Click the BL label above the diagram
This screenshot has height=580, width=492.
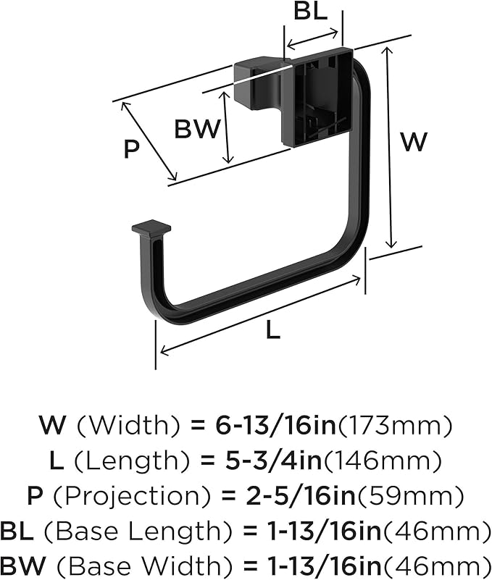click(x=310, y=12)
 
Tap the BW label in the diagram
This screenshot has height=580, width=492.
click(x=197, y=129)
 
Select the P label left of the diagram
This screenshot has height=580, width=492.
click(x=132, y=148)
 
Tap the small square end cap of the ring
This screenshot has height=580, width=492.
click(x=151, y=230)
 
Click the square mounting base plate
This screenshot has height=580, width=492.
click(x=317, y=96)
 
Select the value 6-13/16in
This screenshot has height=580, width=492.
click(x=275, y=426)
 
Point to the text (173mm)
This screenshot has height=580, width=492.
click(x=395, y=426)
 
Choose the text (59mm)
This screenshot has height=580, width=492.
click(x=410, y=497)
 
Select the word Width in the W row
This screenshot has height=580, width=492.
click(x=128, y=426)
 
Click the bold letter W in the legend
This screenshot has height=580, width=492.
click(x=52, y=426)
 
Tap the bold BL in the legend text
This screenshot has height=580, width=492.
click(x=17, y=531)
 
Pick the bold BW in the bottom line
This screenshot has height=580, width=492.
click(x=23, y=566)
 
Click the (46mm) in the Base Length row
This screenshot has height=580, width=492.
click(x=437, y=531)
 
